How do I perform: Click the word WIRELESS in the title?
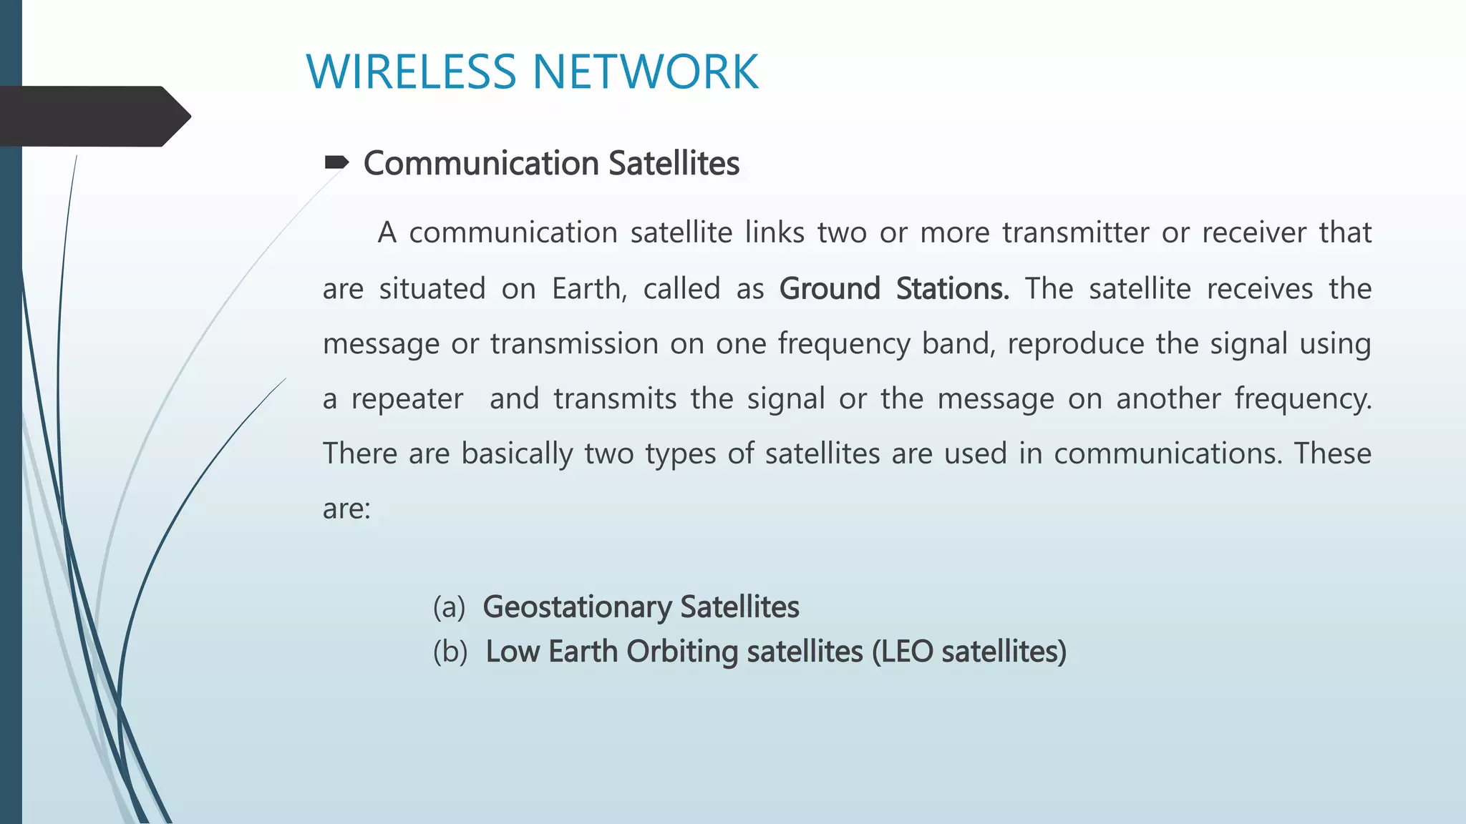click(x=411, y=72)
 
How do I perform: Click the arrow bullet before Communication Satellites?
click(x=336, y=163)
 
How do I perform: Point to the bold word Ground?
click(x=829, y=289)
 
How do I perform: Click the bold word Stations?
click(x=952, y=289)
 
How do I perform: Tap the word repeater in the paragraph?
click(x=407, y=399)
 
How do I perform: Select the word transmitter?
click(x=1075, y=232)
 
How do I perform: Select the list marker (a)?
click(x=449, y=607)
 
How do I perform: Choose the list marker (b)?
click(x=450, y=652)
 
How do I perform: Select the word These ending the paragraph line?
click(x=1332, y=454)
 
